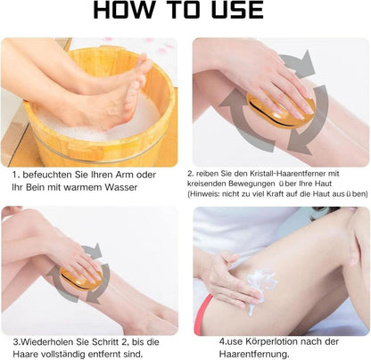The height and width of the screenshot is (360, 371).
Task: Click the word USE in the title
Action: point(237,10)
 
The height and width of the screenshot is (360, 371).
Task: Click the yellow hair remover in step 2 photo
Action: point(280,110)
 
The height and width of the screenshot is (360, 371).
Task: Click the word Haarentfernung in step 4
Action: point(254,354)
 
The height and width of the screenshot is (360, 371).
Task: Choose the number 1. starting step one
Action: point(16,175)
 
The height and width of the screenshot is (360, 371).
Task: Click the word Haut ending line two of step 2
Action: point(324,184)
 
